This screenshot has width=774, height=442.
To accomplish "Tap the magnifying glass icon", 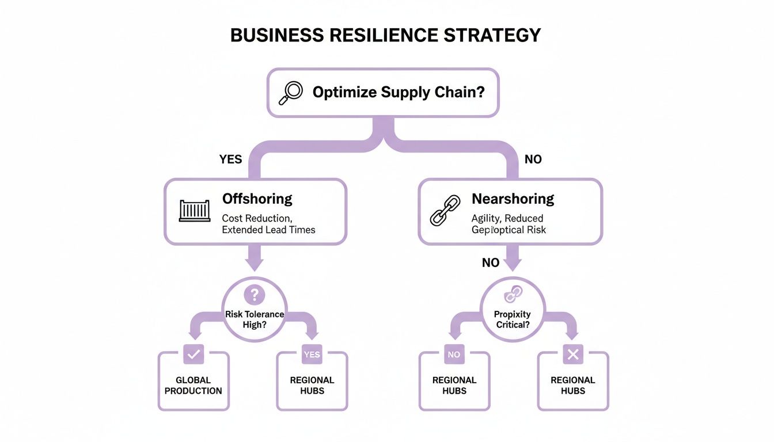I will click(290, 93).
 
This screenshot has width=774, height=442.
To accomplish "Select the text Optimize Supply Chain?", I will click(398, 92).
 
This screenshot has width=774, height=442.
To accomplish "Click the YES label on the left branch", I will click(230, 159).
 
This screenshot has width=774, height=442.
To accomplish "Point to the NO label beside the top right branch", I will click(533, 159).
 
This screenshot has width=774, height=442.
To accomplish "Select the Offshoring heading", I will click(257, 199).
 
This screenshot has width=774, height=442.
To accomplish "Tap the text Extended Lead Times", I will click(268, 230).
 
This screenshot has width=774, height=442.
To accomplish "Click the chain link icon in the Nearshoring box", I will click(446, 210).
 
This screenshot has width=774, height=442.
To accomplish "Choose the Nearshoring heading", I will click(513, 199).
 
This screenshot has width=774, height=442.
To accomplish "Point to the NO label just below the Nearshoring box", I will click(490, 263).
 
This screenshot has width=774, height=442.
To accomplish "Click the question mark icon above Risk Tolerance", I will click(254, 295).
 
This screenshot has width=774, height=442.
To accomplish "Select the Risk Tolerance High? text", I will click(254, 319).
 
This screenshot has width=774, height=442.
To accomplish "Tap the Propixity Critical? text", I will click(512, 319).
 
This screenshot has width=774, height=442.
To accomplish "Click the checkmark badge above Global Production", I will click(193, 355).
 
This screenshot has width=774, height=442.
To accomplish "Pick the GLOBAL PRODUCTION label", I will click(193, 386).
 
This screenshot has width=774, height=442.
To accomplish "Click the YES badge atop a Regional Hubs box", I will click(312, 355).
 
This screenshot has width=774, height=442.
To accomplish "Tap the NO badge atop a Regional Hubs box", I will click(454, 355).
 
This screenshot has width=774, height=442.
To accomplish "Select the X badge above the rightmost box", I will click(572, 355).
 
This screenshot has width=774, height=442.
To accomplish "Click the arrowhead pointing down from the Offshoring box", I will click(254, 263).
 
